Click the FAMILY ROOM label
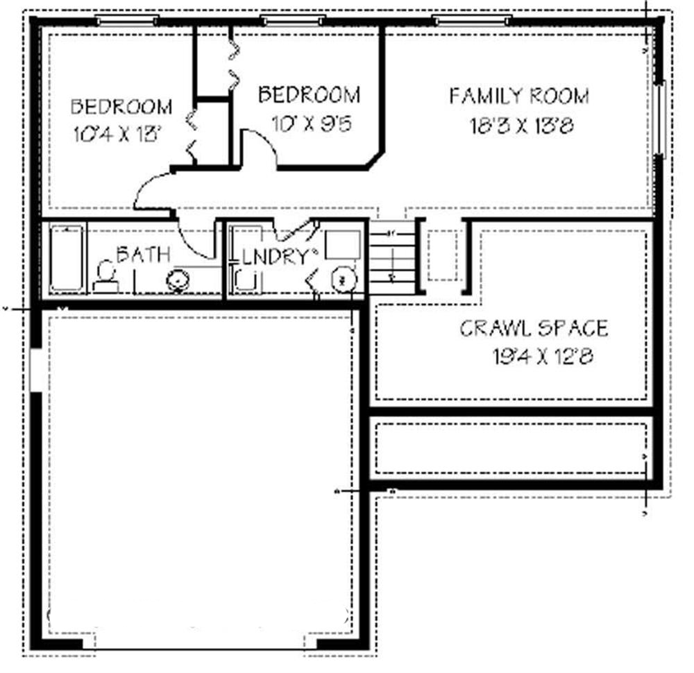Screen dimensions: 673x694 click(518, 96)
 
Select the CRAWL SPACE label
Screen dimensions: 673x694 click(534, 327)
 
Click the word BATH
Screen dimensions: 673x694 click(143, 254)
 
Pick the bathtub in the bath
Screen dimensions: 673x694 click(67, 257)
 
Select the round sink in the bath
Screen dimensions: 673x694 click(178, 278)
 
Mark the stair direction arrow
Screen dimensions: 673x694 click(391, 257)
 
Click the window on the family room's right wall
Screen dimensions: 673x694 click(661, 118)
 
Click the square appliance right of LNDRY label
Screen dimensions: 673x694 click(343, 244)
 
